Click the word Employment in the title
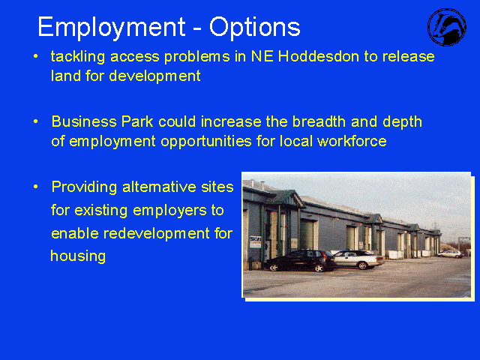click(112, 28)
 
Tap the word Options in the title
click(255, 28)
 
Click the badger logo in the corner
click(447, 27)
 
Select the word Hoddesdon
click(318, 57)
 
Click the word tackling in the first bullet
click(78, 57)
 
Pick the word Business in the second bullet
click(84, 121)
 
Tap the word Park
click(137, 121)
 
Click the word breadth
click(319, 121)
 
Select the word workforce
click(352, 141)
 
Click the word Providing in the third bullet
click(84, 187)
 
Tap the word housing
click(78, 256)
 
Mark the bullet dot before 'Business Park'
click(36, 121)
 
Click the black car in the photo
click(298, 261)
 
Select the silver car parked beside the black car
click(358, 259)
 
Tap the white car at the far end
click(450, 253)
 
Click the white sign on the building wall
click(255, 241)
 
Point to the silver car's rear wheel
click(363, 265)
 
